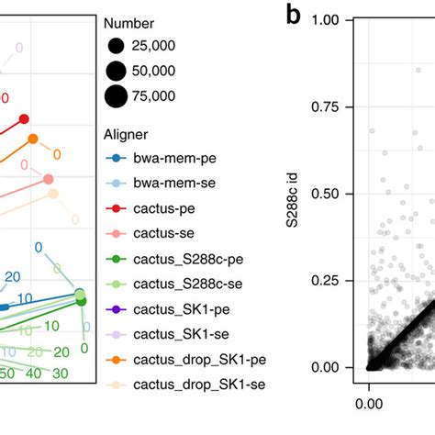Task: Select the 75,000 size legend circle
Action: coord(116,95)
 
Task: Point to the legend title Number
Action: coord(129,23)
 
